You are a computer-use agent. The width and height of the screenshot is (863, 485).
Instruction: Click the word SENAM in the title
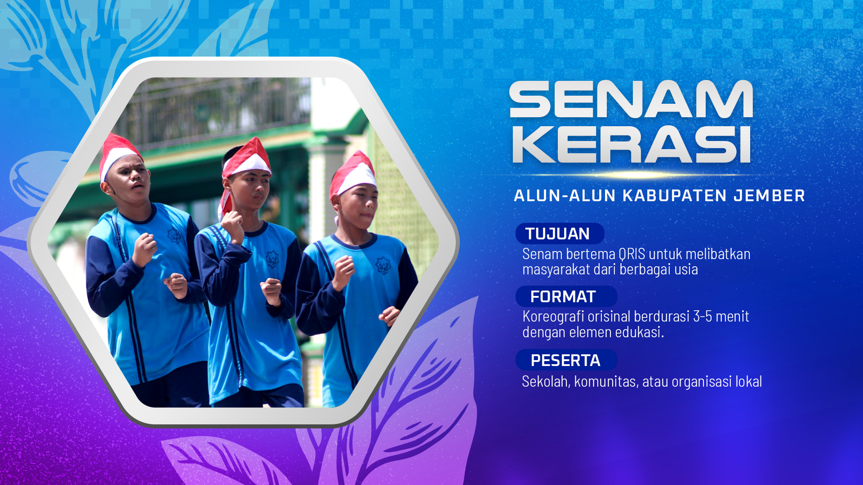tap(631, 99)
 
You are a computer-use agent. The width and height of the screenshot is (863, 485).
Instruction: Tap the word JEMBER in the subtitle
tap(769, 196)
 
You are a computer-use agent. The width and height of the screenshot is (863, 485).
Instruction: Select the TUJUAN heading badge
tap(560, 234)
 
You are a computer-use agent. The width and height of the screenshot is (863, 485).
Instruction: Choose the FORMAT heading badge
tap(566, 296)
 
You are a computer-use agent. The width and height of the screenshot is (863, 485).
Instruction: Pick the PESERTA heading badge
tap(566, 360)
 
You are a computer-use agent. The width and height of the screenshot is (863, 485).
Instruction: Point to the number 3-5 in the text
tap(702, 316)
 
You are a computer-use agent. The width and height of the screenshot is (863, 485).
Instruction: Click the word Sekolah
tap(546, 382)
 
